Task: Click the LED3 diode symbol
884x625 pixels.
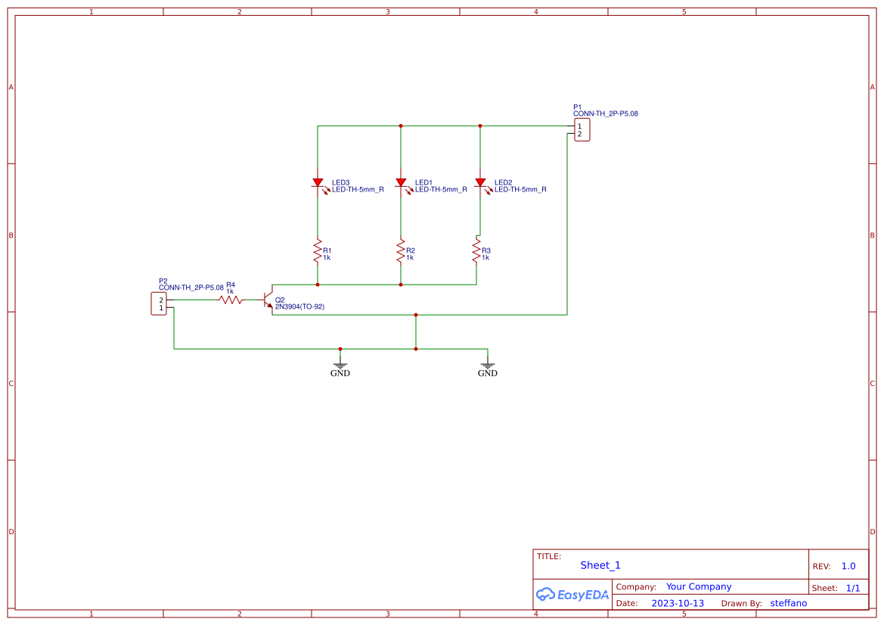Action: pos(318,183)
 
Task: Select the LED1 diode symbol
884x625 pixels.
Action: pos(401,183)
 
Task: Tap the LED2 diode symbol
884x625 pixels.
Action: pos(480,183)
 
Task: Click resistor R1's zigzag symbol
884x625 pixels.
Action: pos(318,252)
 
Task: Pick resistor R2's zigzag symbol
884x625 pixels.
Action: pos(401,252)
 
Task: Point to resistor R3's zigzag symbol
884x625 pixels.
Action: pos(476,250)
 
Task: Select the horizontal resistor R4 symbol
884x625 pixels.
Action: pos(231,300)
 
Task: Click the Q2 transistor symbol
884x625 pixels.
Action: pos(268,300)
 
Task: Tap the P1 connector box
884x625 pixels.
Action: pos(582,130)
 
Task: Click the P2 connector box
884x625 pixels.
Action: pos(159,304)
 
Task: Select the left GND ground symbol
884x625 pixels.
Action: pos(340,364)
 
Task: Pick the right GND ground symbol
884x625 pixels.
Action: pos(488,364)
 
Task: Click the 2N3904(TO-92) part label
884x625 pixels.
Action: pos(299,306)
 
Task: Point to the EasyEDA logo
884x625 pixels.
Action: pos(572,595)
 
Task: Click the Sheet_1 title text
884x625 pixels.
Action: pos(600,565)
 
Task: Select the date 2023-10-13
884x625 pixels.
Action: pos(677,603)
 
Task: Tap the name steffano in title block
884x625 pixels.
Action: pos(788,603)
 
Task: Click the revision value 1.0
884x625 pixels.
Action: pos(848,566)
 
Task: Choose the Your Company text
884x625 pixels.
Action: pos(698,586)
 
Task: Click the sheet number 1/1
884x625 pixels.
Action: pos(852,588)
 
